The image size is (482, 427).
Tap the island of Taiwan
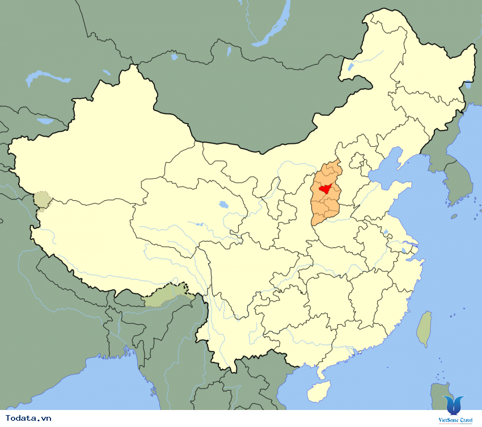pyautogui.click(x=424, y=329)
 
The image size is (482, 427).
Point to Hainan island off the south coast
pyautogui.click(x=319, y=391)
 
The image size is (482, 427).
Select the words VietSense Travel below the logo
pyautogui.click(x=455, y=420)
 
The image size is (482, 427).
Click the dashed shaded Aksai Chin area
pyautogui.click(x=41, y=200)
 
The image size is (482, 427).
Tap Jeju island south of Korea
pyautogui.click(x=454, y=216)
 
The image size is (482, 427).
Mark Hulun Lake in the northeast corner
pyautogui.click(x=350, y=66)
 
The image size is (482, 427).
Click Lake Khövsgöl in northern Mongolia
pyautogui.click(x=174, y=55)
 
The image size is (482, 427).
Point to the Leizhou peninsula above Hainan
pyautogui.click(x=322, y=371)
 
